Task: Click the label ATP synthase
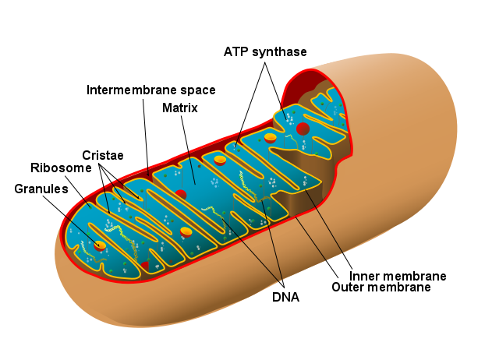265,51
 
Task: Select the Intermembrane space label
150,90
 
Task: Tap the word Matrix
180,108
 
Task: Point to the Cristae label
103,154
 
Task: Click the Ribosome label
62,168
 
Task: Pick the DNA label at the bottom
285,296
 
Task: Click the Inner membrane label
398,276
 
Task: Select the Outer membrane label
381,288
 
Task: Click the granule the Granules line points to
100,245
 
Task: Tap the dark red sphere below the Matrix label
181,193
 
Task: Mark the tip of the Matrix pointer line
195,184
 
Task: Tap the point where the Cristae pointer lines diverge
99,162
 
